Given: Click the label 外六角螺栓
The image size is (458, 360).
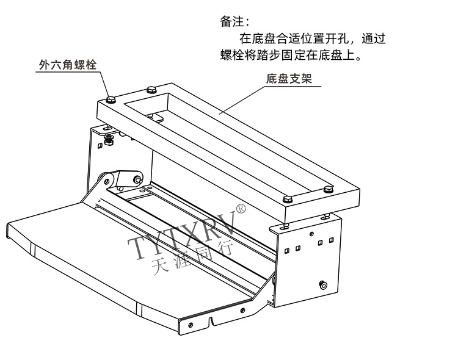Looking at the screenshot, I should [x=68, y=64].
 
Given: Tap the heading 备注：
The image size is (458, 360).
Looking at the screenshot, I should [x=234, y=21].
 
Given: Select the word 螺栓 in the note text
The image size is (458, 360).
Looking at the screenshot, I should [x=234, y=55].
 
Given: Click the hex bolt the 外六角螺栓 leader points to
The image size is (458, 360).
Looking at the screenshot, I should [x=110, y=99].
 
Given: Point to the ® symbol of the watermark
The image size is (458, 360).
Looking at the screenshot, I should [x=241, y=210].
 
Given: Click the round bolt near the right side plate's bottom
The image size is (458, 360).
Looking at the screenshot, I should [x=324, y=284].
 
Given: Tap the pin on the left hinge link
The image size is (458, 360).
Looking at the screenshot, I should [x=137, y=180].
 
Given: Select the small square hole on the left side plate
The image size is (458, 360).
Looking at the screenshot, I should [x=99, y=145].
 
